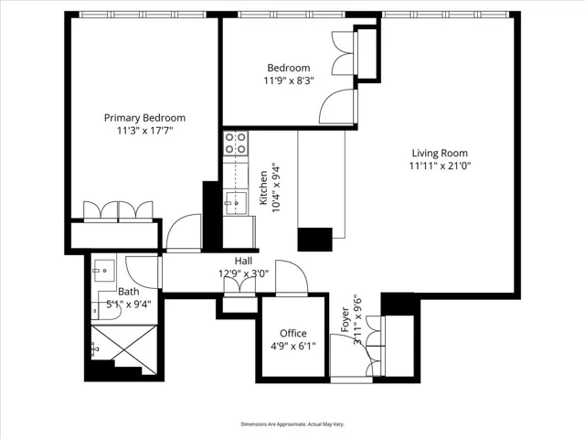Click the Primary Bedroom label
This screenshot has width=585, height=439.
point(144,118)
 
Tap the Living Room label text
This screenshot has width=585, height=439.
point(440,153)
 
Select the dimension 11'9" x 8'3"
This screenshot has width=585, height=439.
point(289,80)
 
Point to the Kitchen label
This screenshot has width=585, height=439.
point(263,187)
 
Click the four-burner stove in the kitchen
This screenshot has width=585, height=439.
point(236,143)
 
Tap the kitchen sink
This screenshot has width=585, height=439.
point(236,203)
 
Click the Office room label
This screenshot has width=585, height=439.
point(293,333)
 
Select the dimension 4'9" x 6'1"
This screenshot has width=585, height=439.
point(293,347)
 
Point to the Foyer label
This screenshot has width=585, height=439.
point(346,319)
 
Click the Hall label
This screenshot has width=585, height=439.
point(243,261)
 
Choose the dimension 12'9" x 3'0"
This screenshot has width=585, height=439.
point(243,273)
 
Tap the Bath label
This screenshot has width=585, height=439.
point(129,292)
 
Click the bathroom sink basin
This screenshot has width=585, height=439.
point(104,271)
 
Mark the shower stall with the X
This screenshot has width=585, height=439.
point(124,349)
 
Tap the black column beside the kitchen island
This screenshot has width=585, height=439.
point(314,240)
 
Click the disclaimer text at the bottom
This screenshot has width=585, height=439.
point(292,424)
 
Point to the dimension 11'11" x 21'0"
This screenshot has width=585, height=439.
point(440,166)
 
